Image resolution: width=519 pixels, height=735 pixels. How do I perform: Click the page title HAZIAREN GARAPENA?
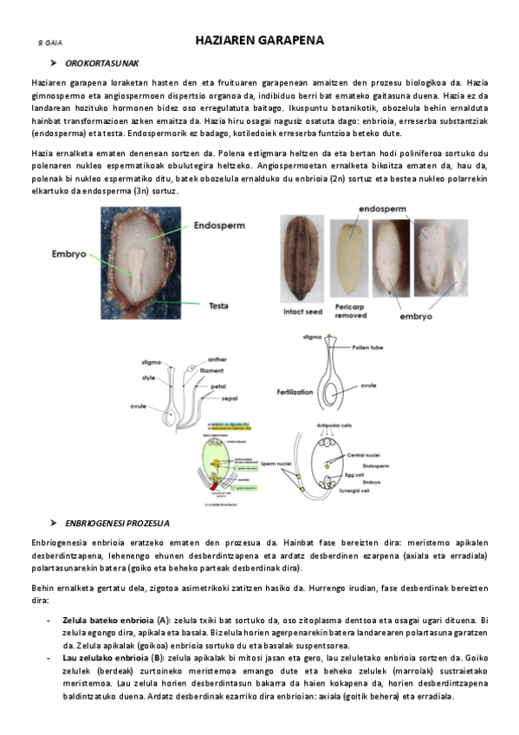[x=259, y=41]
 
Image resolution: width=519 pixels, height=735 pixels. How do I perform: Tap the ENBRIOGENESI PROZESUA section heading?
[x=117, y=524]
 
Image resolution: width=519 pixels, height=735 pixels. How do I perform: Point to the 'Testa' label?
[x=224, y=305]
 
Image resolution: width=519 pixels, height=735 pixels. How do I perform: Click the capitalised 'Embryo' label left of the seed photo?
[x=68, y=254]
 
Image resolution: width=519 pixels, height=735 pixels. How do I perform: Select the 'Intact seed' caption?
[x=303, y=311]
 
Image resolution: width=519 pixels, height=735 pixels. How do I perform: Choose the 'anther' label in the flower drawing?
[x=218, y=359]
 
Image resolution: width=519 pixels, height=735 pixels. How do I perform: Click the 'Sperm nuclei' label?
[x=274, y=464]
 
